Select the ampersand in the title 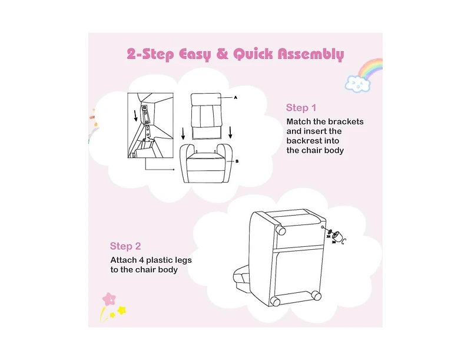point(222,54)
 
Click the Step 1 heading point(301,108)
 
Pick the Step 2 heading point(125,246)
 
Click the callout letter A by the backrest point(235,98)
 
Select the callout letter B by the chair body point(237,161)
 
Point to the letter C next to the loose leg point(344,240)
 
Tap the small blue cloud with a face point(357,84)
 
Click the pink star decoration point(109,299)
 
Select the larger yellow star point(122,310)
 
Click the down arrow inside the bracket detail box point(135,115)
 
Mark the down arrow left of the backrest point(183,134)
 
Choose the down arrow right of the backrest point(230,133)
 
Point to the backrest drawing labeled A point(207,116)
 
